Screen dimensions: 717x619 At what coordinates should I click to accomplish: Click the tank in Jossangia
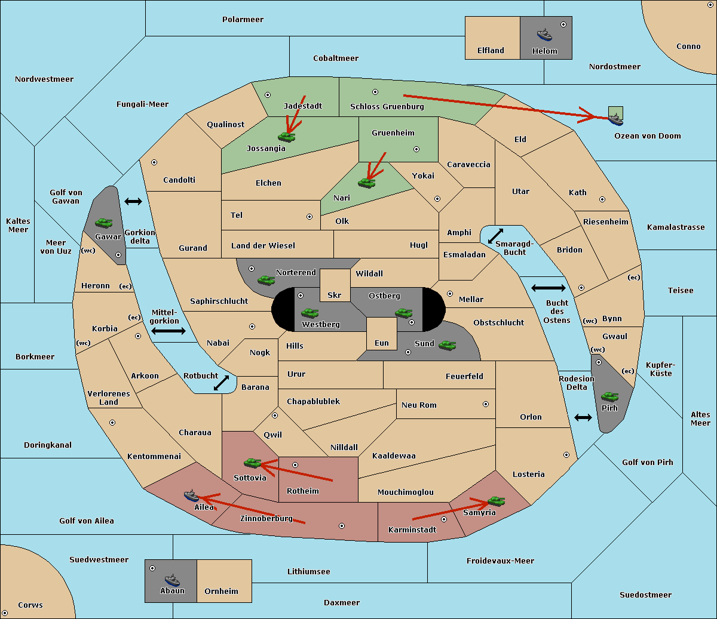(x=287, y=137)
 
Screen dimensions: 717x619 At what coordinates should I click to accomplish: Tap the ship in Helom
(x=544, y=35)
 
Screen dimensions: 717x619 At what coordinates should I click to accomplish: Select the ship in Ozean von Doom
(x=615, y=119)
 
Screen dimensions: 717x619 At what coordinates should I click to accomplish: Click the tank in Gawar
(x=104, y=223)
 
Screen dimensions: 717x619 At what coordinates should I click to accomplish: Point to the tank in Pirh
(x=609, y=396)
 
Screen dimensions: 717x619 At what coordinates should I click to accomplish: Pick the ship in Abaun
(x=172, y=581)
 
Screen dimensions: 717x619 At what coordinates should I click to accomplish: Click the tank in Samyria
(x=497, y=501)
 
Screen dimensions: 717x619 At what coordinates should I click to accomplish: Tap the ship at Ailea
(x=191, y=496)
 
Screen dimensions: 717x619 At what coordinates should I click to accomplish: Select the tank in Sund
(x=447, y=345)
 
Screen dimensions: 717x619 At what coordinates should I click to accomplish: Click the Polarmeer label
(x=243, y=20)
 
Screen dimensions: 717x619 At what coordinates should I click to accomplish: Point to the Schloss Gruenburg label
(x=387, y=106)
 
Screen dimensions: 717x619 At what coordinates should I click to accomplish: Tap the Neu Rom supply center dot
(x=486, y=404)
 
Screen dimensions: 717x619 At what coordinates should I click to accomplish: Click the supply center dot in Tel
(x=310, y=217)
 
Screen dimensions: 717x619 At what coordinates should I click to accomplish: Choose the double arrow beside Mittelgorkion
(x=168, y=331)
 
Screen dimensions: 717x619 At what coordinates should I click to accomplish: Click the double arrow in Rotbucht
(x=221, y=383)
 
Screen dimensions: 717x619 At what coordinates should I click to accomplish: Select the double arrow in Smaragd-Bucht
(x=495, y=236)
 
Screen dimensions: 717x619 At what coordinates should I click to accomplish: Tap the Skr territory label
(x=335, y=295)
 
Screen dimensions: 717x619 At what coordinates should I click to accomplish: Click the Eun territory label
(x=382, y=343)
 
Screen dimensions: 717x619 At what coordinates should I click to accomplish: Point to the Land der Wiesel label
(x=263, y=246)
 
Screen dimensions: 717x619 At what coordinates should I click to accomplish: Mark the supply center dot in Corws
(x=5, y=613)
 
